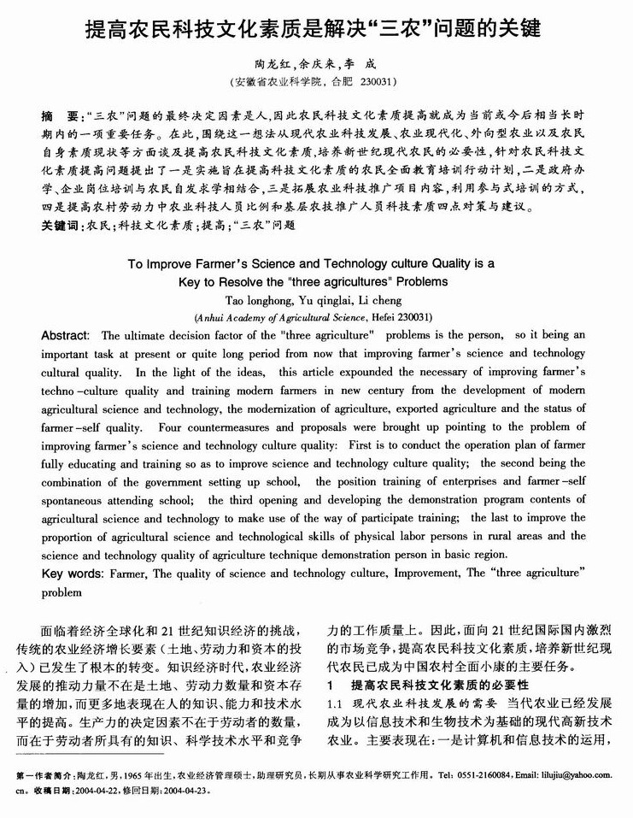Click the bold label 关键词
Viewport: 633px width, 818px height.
pyautogui.click(x=59, y=226)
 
